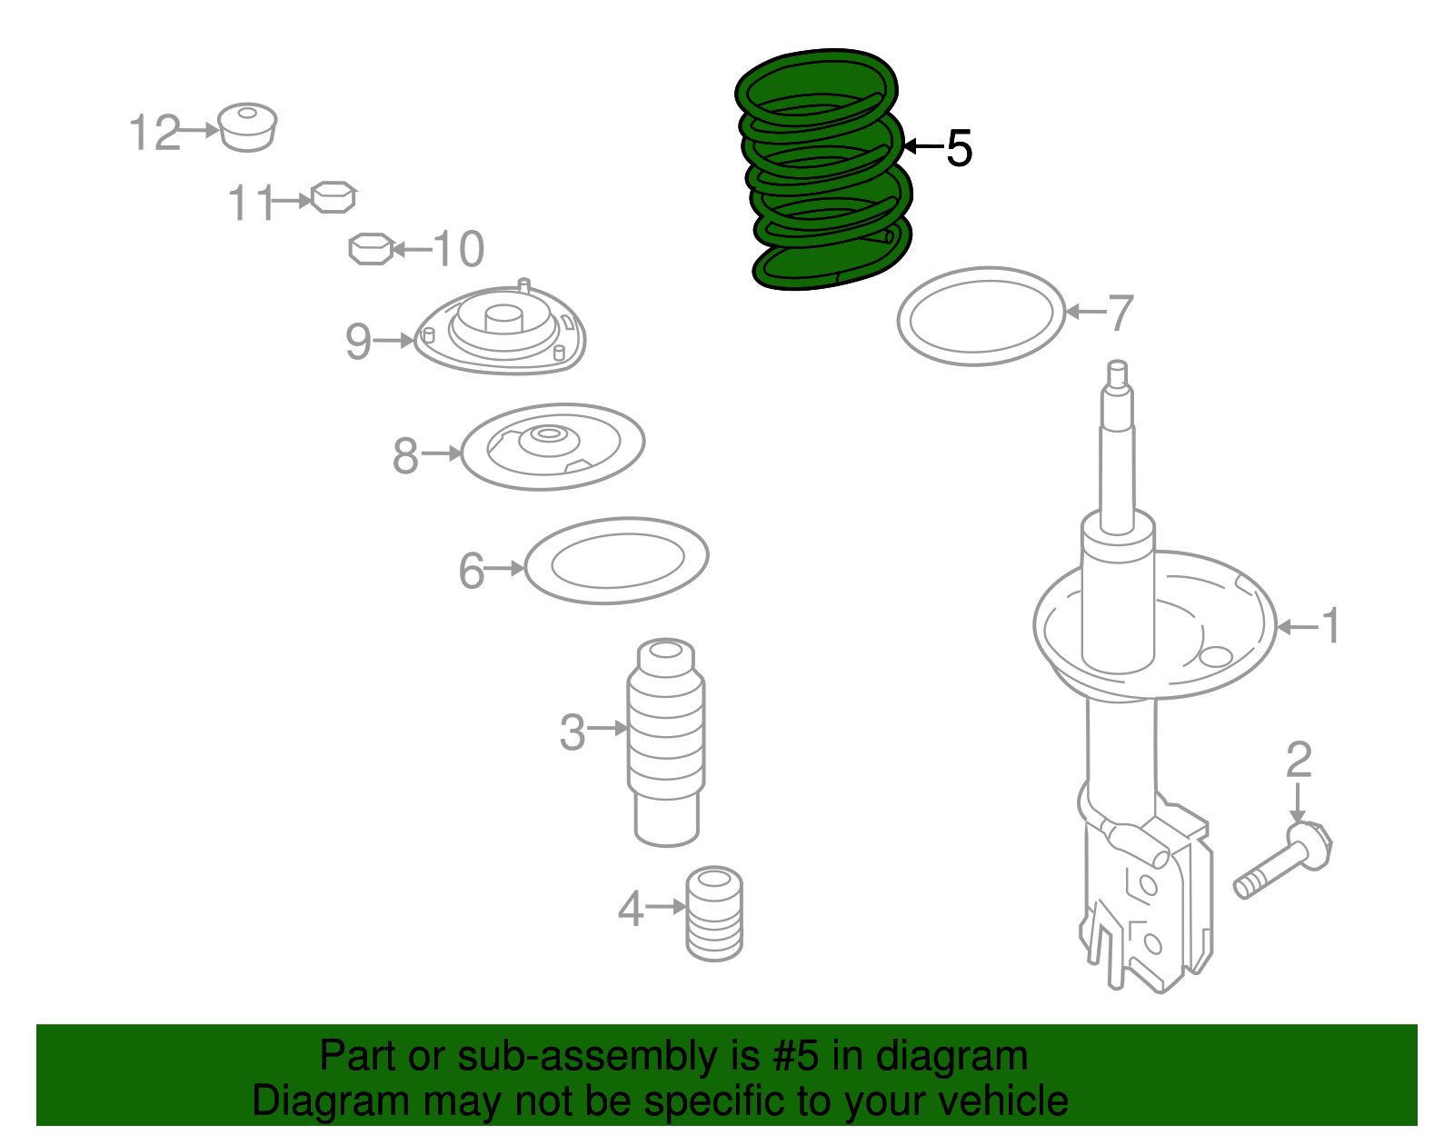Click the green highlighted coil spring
click(822, 173)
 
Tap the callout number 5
click(959, 148)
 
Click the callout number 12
click(154, 133)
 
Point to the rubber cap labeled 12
click(247, 127)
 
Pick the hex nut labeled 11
click(333, 197)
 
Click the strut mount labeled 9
click(501, 332)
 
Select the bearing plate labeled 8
click(553, 446)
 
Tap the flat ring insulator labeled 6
click(616, 561)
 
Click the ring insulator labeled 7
click(981, 316)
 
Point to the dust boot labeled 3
click(666, 741)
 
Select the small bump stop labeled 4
click(714, 913)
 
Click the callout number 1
click(1330, 626)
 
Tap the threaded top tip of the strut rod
click(1118, 373)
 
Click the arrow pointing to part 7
click(1084, 312)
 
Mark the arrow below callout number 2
click(1298, 804)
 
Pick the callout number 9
click(358, 342)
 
